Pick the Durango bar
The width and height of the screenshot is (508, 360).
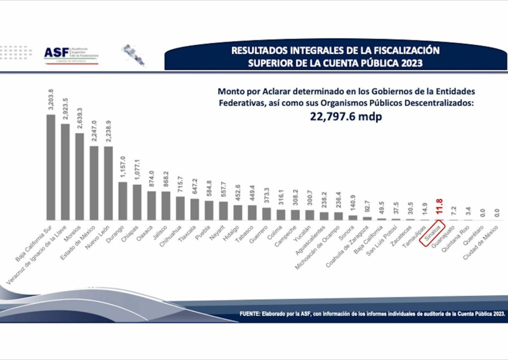point(123,201)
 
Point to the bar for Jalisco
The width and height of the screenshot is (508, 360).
point(166,206)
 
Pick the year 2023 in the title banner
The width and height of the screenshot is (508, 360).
point(410,63)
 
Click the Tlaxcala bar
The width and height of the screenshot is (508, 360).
point(194,209)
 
